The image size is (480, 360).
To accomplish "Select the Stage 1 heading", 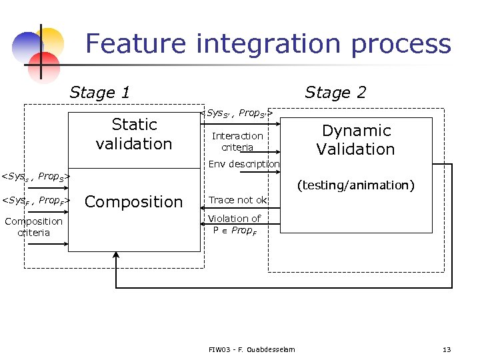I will point(99,93).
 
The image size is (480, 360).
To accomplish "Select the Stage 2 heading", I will point(335,93).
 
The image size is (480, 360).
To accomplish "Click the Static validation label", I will point(134,134).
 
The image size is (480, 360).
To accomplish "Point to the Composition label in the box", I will point(134,202).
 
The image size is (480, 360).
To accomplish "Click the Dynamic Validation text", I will point(355,140).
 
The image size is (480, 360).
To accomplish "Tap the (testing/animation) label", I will point(355,185).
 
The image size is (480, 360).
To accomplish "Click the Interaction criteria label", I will point(237,141).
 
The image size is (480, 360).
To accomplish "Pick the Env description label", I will point(243,164).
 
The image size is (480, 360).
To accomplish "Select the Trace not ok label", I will point(238,200).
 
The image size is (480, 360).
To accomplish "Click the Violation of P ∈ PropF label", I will point(234,224).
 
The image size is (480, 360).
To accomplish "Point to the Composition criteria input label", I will point(33,227).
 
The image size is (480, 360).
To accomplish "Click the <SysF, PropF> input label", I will point(35,200).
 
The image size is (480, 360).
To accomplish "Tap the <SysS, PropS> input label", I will point(35,177).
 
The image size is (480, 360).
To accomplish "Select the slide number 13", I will point(447,349).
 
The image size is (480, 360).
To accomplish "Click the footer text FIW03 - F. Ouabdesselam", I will point(251,349).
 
